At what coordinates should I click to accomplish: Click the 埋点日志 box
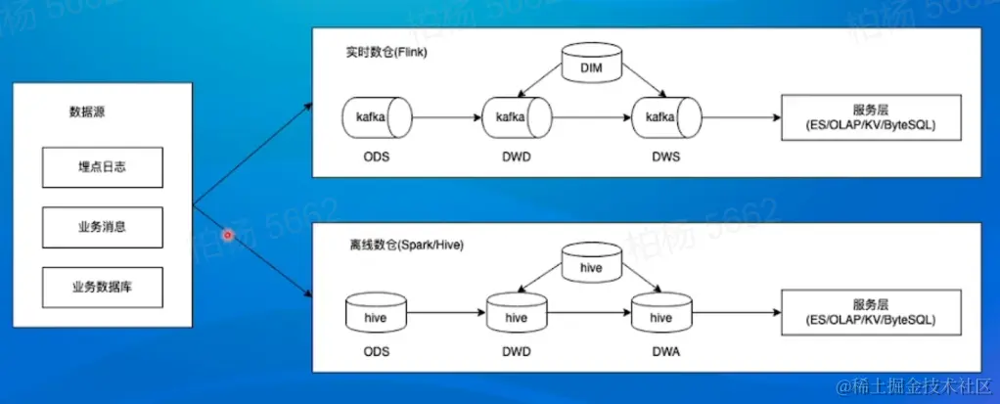pyautogui.click(x=103, y=167)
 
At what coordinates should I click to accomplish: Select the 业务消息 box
pyautogui.click(x=103, y=227)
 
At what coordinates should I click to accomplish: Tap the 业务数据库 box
pyautogui.click(x=103, y=287)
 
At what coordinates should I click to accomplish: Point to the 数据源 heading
pyautogui.click(x=87, y=112)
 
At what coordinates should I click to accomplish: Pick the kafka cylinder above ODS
pyautogui.click(x=377, y=117)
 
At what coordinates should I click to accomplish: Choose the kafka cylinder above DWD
pyautogui.click(x=516, y=117)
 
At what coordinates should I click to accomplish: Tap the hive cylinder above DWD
pyautogui.click(x=516, y=317)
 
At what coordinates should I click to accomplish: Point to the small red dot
pyautogui.click(x=227, y=234)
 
